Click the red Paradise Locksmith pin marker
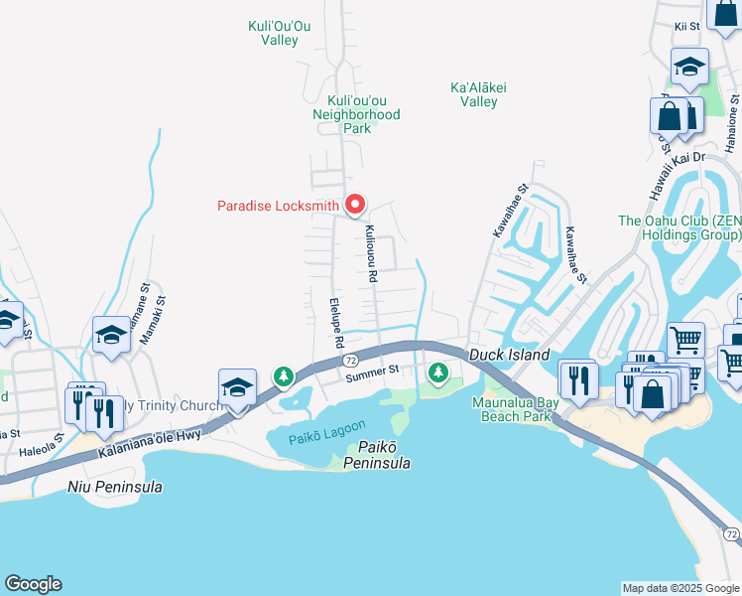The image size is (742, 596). coord(355,205)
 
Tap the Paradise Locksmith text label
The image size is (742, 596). coord(278,207)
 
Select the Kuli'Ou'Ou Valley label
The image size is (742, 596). coord(279,33)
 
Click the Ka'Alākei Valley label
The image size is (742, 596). coord(479,94)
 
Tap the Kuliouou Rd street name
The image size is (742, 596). coord(370,256)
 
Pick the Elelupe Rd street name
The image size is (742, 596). coord(336,320)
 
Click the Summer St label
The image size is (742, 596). coord(372,372)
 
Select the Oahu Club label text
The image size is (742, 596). coord(680,227)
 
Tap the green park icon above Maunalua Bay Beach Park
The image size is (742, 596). coord(437,372)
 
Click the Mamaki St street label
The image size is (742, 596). coord(152,319)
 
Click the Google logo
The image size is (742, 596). coord(33,584)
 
